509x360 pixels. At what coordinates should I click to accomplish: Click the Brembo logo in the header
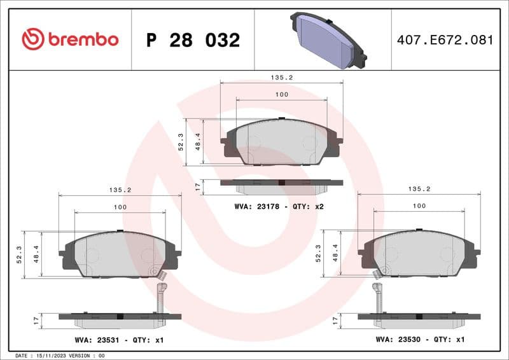click(70, 39)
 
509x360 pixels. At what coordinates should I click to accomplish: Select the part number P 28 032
click(193, 40)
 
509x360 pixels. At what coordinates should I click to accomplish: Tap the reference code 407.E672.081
click(445, 40)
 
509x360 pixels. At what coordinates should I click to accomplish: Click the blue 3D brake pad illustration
click(328, 40)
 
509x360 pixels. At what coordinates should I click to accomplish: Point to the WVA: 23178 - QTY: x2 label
click(279, 207)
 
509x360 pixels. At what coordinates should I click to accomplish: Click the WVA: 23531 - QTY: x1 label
click(118, 340)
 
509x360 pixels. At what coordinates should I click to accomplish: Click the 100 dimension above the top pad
click(281, 94)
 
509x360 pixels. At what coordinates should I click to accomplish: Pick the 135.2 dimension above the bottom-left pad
click(120, 190)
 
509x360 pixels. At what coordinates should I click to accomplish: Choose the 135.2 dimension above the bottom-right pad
click(419, 189)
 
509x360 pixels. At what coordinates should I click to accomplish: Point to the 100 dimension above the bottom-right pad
click(419, 206)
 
